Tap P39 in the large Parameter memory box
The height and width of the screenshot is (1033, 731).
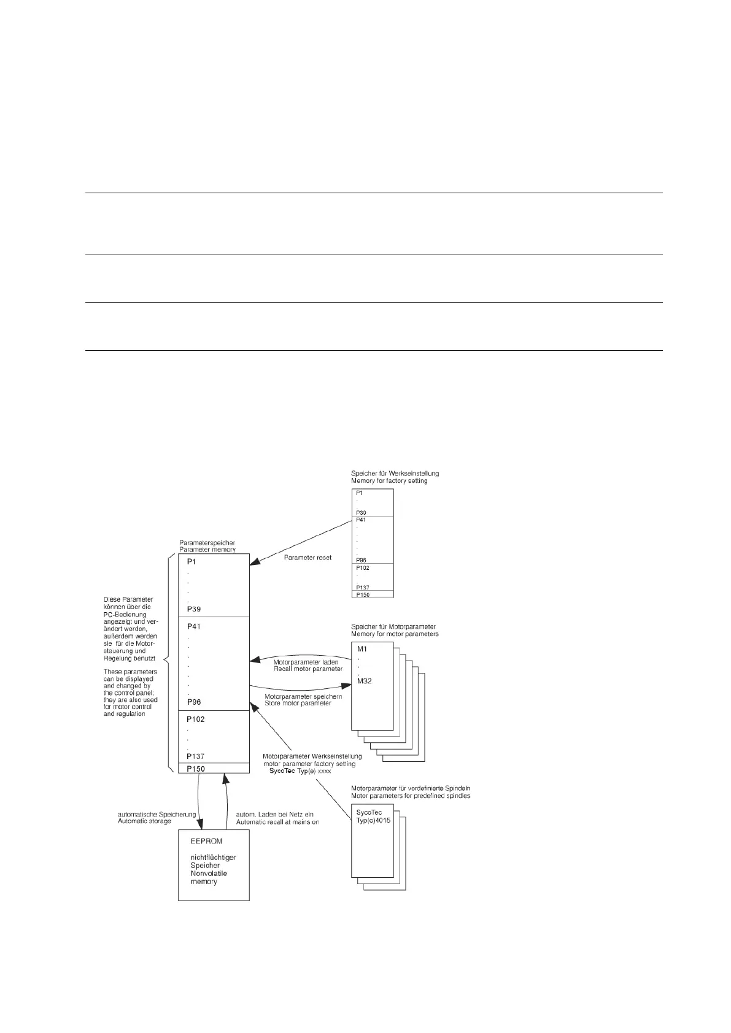(x=194, y=609)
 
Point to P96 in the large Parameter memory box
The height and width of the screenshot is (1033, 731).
(x=194, y=702)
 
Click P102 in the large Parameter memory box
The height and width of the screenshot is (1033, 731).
(x=196, y=720)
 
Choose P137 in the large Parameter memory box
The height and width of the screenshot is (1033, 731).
(x=196, y=756)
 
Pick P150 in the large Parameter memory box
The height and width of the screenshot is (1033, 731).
(x=196, y=769)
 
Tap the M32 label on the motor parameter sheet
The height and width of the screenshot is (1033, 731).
(x=365, y=681)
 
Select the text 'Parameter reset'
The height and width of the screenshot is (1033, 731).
(x=307, y=558)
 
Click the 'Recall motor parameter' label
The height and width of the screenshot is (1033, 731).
(x=307, y=669)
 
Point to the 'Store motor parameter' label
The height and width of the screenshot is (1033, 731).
(x=298, y=703)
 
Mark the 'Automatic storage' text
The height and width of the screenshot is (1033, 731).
(x=144, y=821)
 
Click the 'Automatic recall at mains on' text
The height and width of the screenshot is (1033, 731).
(x=277, y=822)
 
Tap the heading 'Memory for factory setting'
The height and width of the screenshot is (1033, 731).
(x=389, y=481)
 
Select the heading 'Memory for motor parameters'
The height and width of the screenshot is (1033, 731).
(x=395, y=634)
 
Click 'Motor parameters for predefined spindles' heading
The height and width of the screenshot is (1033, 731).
(x=411, y=796)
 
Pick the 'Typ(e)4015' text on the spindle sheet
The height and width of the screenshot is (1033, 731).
(x=373, y=820)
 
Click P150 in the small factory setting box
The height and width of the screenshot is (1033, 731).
(x=363, y=594)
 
